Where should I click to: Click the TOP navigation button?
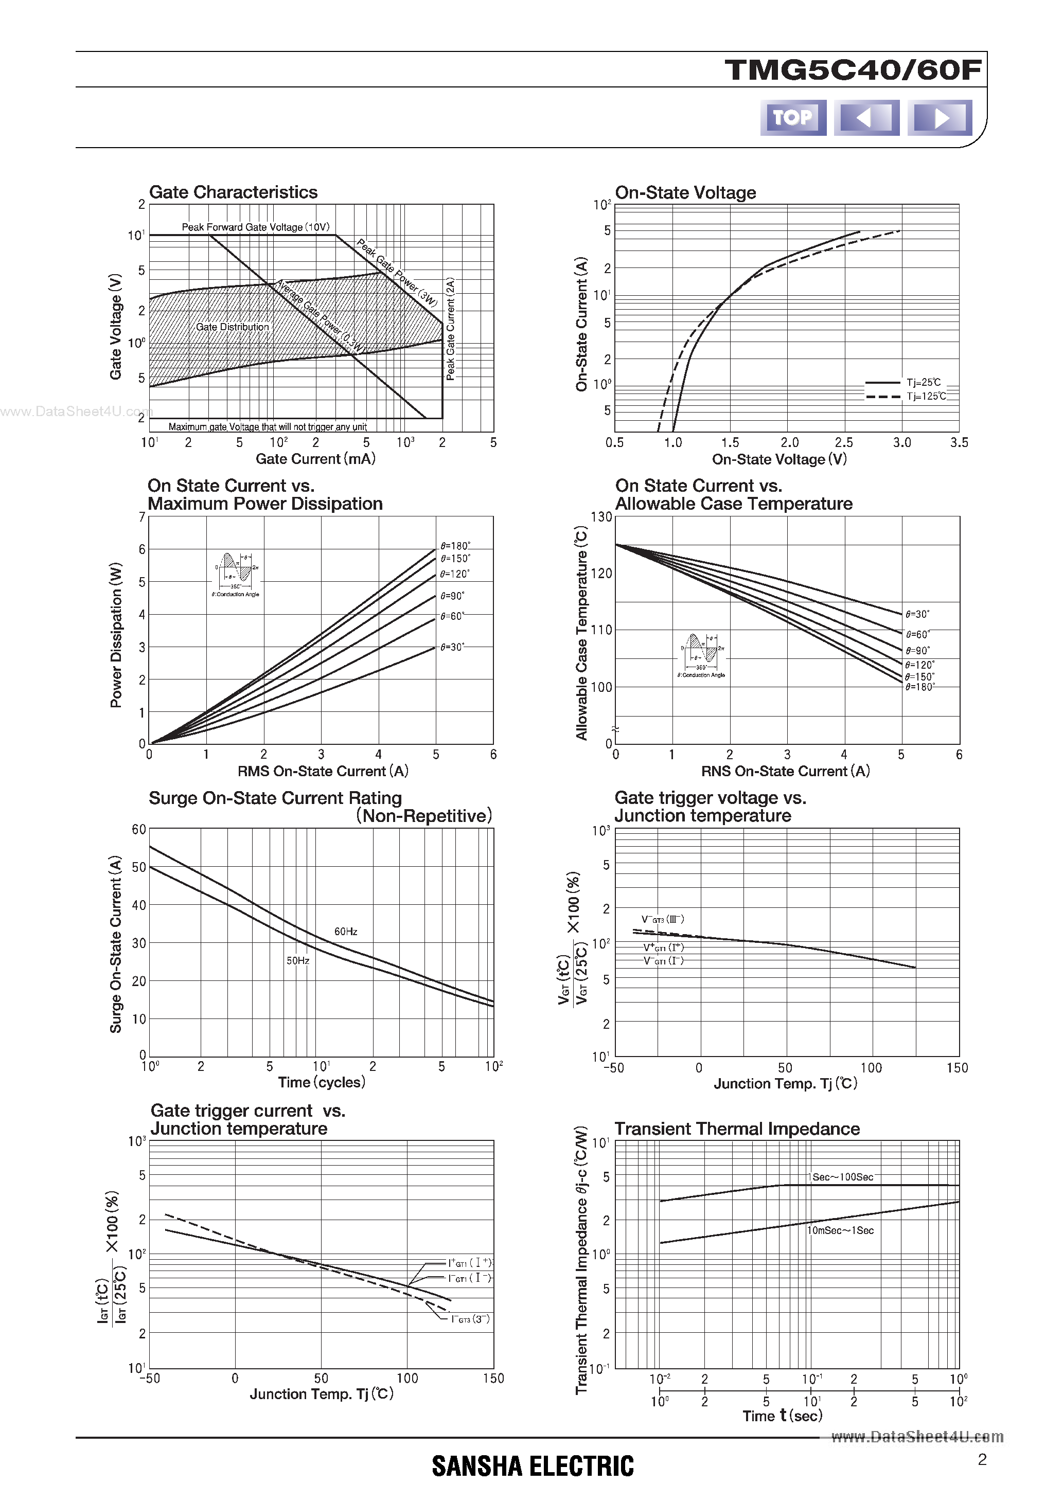coord(793,118)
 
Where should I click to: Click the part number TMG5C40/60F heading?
coord(853,70)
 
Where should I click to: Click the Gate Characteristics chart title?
coord(233,192)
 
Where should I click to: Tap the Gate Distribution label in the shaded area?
coord(233,327)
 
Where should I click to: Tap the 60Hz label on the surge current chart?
coord(346,932)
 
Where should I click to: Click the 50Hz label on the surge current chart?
coord(298,960)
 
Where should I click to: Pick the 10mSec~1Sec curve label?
coord(840,1230)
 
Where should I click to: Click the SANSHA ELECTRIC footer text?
coord(533,1466)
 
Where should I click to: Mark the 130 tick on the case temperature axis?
coord(601,517)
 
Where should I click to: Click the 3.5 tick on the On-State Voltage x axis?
coord(959,443)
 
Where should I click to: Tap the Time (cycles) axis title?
coord(322,1082)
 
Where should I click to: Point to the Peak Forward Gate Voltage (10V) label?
coord(255,227)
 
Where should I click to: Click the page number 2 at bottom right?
coord(982,1459)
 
